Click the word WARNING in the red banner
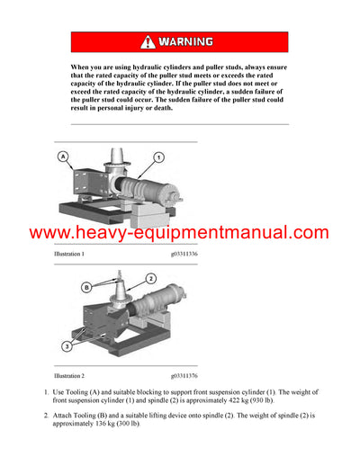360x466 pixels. pos(186,42)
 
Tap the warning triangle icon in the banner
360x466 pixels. pos(148,42)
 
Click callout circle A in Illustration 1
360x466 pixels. pos(64,157)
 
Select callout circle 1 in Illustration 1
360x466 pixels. pos(158,157)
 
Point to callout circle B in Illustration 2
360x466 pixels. pos(86,288)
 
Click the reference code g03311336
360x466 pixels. pos(184,255)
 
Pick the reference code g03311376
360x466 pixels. pos(184,374)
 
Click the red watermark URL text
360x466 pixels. pos(179,233)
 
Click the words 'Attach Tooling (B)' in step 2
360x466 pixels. pos(85,415)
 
